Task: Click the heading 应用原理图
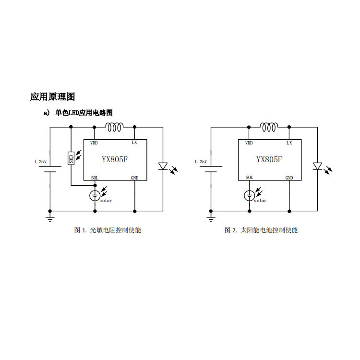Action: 53,97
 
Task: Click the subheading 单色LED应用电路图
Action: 84,113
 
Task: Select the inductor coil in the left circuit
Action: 115,127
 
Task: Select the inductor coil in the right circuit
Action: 269,127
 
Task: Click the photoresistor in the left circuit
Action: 71,158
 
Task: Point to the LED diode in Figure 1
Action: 163,167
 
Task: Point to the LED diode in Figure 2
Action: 317,167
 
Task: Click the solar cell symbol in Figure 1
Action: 95,195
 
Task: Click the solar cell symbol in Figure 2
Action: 249,195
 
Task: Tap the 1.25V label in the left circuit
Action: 40,162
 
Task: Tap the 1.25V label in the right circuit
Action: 201,162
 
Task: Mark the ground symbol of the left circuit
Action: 49,219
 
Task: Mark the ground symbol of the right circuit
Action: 211,219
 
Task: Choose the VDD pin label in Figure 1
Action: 94,143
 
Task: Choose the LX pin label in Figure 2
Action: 289,143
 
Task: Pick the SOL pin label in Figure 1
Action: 95,178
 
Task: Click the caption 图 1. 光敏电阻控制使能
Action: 108,230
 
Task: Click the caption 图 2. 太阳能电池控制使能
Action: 261,230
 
